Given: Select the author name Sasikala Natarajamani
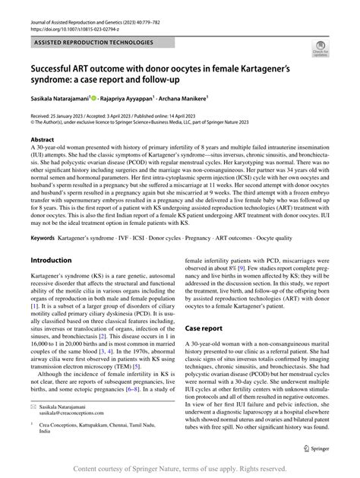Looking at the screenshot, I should pos(58,99).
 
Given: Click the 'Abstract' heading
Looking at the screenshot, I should pos(42,141).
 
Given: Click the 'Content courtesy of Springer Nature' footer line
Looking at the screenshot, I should pos(179,468).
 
